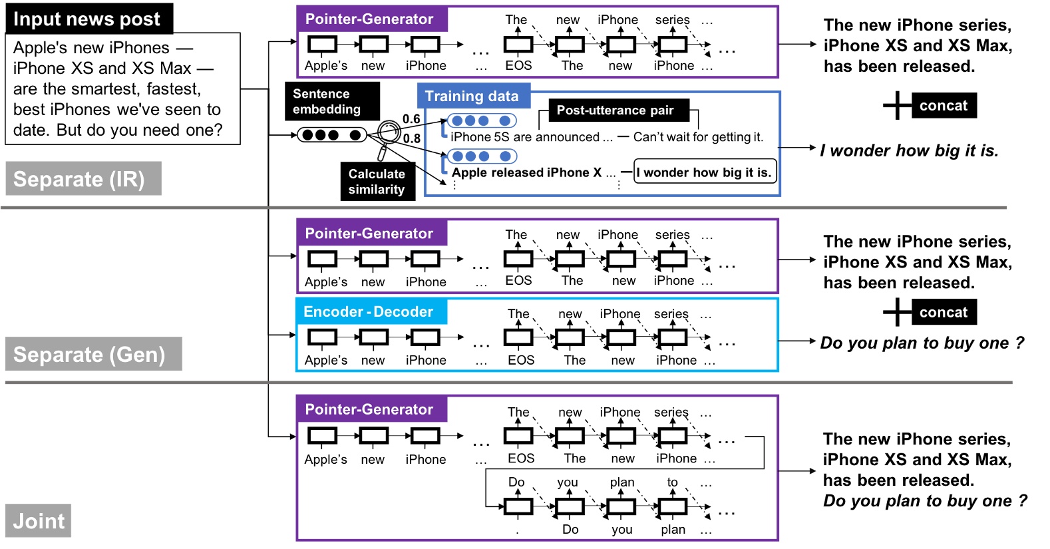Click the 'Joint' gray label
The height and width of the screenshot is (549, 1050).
[x=39, y=520]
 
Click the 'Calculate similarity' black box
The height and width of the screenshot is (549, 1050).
[x=377, y=181]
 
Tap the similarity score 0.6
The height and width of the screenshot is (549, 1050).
[x=411, y=119]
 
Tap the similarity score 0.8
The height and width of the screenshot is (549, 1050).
[x=412, y=138]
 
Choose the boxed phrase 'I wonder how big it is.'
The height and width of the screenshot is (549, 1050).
[x=704, y=172]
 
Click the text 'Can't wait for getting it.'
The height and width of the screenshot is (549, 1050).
[x=697, y=137]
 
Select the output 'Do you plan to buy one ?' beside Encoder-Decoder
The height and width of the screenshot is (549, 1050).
[x=922, y=343]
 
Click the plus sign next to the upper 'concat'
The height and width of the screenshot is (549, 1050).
[x=897, y=105]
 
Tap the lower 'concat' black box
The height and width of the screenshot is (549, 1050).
[x=943, y=312]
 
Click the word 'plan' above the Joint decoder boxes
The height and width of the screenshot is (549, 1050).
[x=622, y=482]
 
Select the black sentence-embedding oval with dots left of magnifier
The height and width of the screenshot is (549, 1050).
[x=331, y=135]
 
